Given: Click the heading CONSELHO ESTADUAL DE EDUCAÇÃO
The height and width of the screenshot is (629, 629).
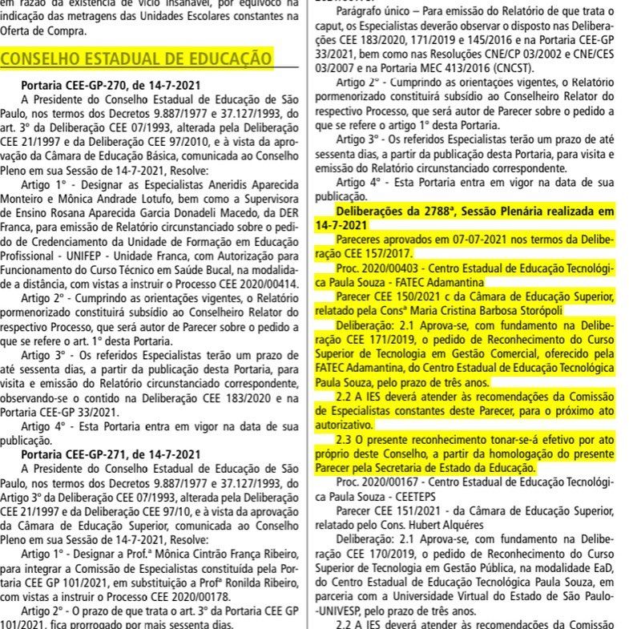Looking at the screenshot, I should click(x=137, y=58).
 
